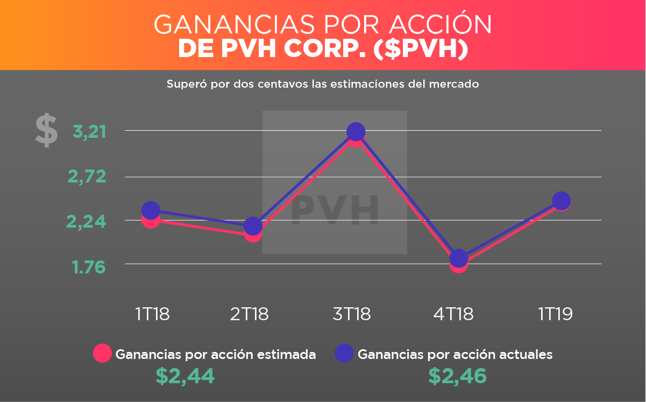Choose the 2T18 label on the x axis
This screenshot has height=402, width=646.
(249, 314)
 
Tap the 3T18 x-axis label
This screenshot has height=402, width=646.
(351, 314)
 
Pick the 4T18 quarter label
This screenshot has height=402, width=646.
(453, 314)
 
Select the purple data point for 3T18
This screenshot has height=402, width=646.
(356, 131)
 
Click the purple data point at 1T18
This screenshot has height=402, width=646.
(151, 210)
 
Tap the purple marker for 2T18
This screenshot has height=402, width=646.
(253, 226)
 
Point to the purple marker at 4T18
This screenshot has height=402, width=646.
(458, 258)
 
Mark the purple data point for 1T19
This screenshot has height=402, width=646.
(561, 200)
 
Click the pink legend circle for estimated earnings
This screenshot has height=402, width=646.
(102, 354)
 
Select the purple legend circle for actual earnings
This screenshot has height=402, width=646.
(344, 354)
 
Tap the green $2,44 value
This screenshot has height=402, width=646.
(185, 376)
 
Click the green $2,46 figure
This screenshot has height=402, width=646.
(457, 376)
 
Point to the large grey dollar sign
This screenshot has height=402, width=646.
(46, 130)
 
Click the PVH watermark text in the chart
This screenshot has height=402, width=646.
(335, 210)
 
